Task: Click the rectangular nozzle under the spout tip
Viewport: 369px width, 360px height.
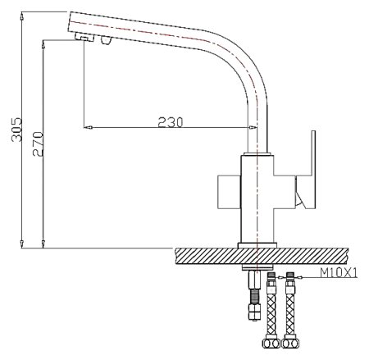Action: [x=83, y=38]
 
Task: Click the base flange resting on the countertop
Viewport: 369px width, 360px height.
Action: [x=258, y=244]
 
